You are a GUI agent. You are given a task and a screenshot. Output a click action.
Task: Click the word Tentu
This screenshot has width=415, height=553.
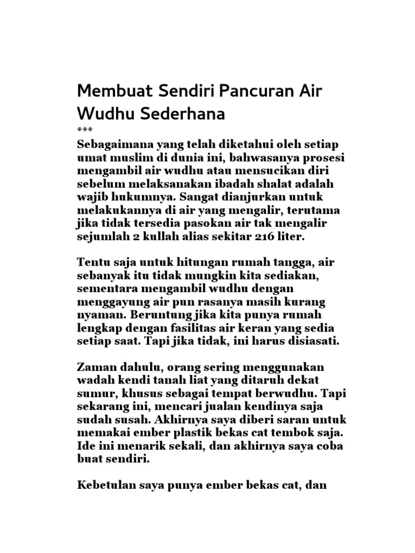(x=94, y=264)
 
